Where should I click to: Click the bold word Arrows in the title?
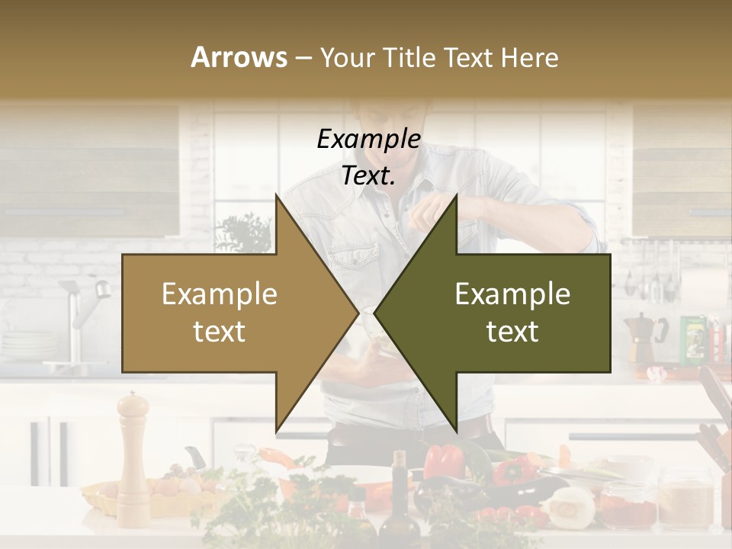point(239,57)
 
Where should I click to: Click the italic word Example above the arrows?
point(368,140)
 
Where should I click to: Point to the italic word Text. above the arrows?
point(368,176)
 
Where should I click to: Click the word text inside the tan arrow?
point(219,332)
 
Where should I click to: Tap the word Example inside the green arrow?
point(512,294)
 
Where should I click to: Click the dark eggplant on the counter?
point(526,488)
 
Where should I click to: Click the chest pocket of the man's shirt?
point(358,263)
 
